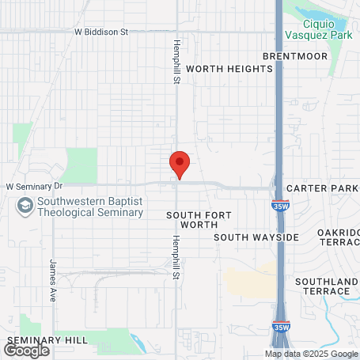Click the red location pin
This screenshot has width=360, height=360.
[180, 165]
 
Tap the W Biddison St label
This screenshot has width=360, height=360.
[101, 32]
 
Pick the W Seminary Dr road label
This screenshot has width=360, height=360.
[34, 186]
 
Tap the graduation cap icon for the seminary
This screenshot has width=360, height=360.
[25, 207]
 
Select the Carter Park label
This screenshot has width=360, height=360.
[322, 188]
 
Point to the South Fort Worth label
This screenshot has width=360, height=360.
[193, 219]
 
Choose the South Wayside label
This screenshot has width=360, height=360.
[256, 237]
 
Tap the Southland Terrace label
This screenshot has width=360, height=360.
[327, 286]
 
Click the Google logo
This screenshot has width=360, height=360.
[26, 351]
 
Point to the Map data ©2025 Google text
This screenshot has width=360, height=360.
[311, 354]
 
